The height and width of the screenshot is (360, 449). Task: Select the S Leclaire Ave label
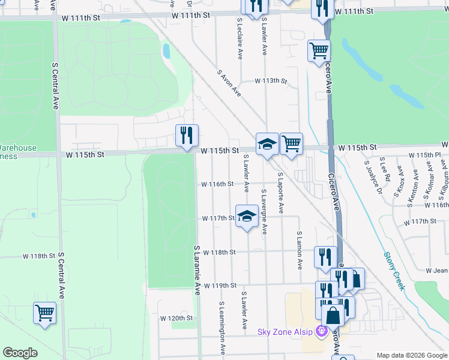(240, 37)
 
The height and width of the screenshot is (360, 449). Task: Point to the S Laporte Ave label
(280, 193)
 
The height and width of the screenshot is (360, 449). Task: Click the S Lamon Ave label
(300, 250)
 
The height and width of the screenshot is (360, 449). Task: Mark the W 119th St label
(220, 286)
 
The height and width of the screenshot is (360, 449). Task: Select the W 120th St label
(176, 318)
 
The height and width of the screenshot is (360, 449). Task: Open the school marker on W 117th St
(246, 217)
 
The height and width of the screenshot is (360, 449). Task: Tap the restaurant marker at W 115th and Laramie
(187, 135)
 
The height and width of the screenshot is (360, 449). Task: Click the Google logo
(20, 353)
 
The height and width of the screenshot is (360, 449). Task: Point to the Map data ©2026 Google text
(412, 355)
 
